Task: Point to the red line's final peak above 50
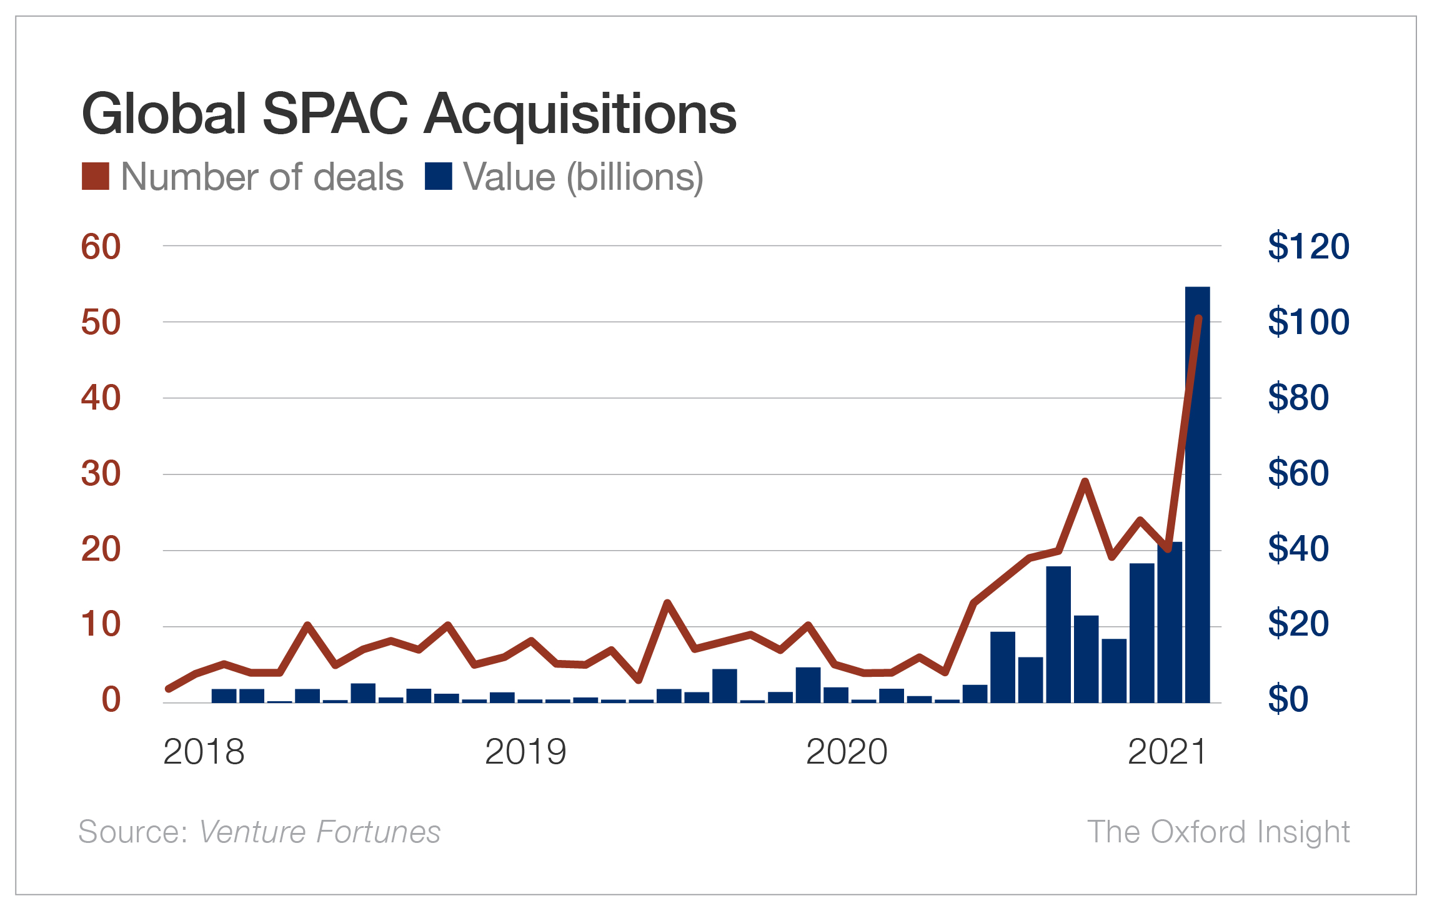tap(1198, 319)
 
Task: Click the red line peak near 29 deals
tap(1085, 481)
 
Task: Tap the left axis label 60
tap(101, 247)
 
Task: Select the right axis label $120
tap(1308, 246)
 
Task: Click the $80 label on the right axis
tap(1298, 397)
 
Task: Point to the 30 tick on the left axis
tap(101, 474)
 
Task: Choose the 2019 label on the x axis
tap(525, 752)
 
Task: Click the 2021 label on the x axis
tap(1166, 752)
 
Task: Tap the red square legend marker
tap(96, 176)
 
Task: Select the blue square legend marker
tap(438, 176)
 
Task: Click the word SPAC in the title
tap(335, 114)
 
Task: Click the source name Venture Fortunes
tap(319, 832)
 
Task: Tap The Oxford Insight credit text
tap(1218, 832)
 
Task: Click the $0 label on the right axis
tap(1288, 699)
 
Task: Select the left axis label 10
tap(101, 624)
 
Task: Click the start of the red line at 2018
tap(169, 689)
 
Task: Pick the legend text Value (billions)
tap(583, 177)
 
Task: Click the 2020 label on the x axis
tap(847, 752)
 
